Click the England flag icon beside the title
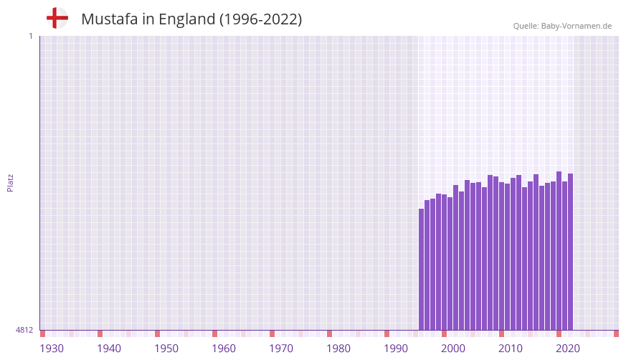click(x=57, y=19)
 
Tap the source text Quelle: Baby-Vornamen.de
click(x=562, y=26)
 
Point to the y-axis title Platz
click(x=10, y=182)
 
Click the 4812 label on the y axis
click(x=24, y=330)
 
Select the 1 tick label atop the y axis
click(x=30, y=36)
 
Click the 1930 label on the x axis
click(x=52, y=349)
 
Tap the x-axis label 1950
click(x=166, y=349)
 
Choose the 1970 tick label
click(x=281, y=349)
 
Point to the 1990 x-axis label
click(x=396, y=349)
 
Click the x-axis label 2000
click(x=453, y=349)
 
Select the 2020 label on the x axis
click(x=568, y=349)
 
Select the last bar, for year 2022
click(x=570, y=251)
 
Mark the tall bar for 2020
click(x=559, y=250)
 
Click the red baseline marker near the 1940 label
click(x=100, y=333)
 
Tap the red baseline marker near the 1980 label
click(x=330, y=333)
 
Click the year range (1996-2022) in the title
click(x=261, y=19)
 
